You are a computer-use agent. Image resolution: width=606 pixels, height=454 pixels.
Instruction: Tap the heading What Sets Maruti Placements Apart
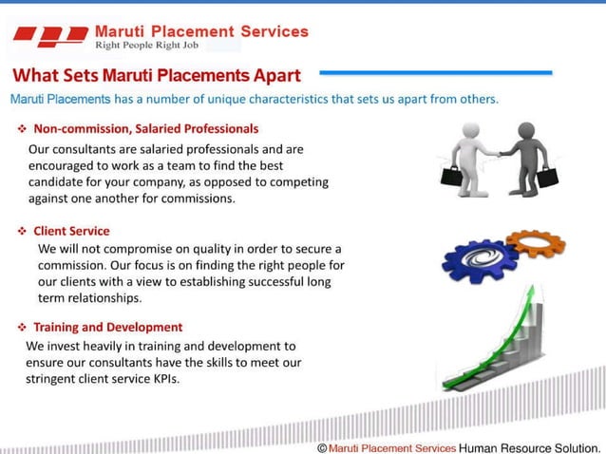156,75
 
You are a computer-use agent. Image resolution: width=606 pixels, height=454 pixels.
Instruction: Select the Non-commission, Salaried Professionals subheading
145,128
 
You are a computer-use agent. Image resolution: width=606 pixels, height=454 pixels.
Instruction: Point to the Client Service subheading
71,231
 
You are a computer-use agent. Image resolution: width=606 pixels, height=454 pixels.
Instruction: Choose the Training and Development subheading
107,327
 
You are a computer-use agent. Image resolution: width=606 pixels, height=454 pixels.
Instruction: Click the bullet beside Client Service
22,231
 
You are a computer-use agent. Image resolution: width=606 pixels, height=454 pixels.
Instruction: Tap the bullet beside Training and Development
22,327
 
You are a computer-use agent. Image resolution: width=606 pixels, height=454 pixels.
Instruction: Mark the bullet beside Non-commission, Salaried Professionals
22,128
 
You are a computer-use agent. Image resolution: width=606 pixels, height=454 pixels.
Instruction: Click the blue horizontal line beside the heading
436,72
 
